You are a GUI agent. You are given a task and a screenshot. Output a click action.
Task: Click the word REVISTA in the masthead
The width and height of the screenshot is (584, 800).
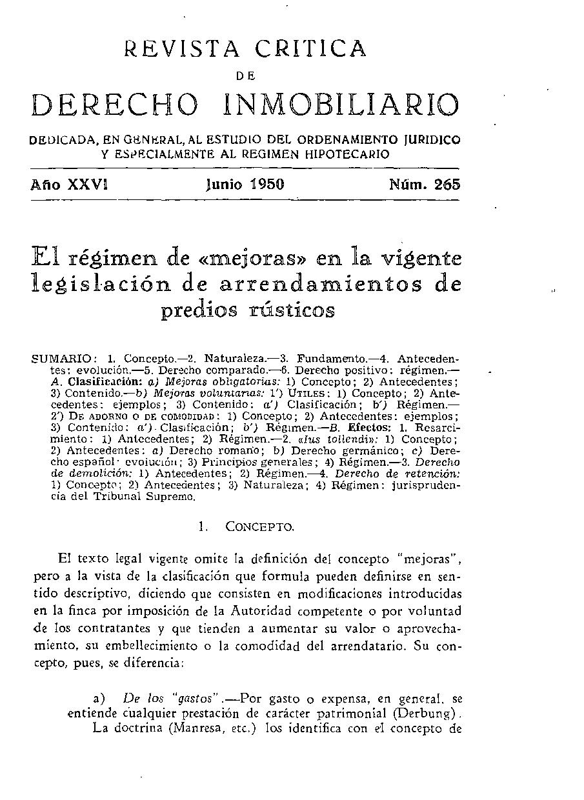pos(181,48)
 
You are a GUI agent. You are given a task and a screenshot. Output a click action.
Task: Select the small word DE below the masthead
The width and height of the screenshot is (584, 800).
pos(246,75)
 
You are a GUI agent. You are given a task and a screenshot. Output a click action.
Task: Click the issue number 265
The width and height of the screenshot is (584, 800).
pos(447,185)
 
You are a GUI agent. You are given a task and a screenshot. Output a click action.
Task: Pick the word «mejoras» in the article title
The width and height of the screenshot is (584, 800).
pos(241,259)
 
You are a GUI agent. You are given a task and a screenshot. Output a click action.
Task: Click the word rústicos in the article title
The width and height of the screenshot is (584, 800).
pos(293,310)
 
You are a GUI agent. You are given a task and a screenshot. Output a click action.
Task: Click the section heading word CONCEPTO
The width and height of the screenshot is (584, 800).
pos(259,526)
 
